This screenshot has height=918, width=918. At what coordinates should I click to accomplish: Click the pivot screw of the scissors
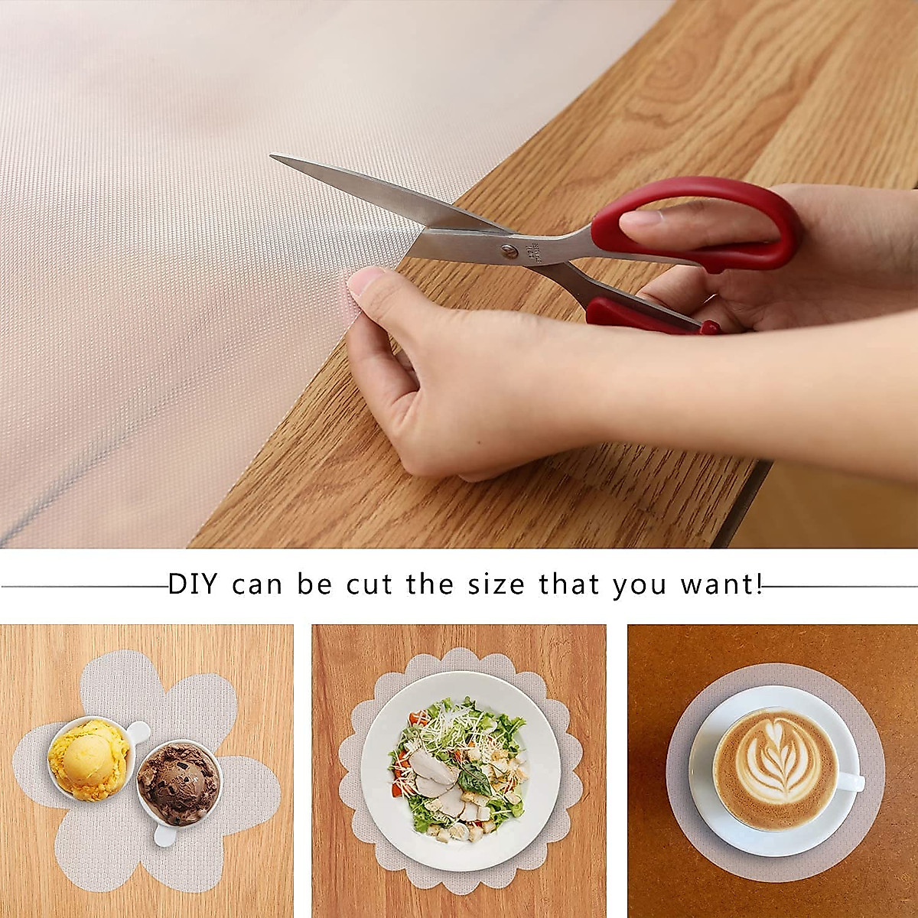tap(507, 250)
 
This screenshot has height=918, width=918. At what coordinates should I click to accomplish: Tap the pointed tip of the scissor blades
tap(273, 158)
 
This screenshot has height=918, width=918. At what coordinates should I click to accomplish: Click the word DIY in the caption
tap(193, 585)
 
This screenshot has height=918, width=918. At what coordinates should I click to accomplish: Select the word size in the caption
tap(488, 585)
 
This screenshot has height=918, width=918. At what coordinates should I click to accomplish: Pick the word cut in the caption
tap(372, 585)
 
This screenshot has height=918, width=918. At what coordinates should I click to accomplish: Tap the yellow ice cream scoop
tap(88, 760)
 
